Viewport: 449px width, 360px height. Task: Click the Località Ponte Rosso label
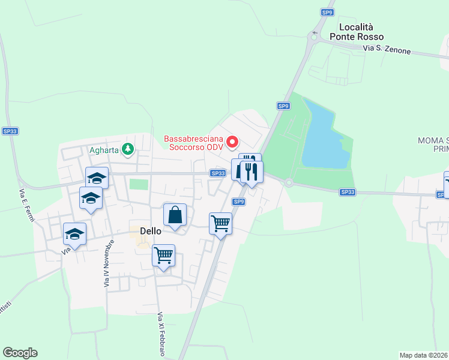click(x=357, y=32)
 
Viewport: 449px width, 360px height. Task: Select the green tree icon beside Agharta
click(x=127, y=149)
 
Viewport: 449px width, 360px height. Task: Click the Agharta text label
click(x=105, y=149)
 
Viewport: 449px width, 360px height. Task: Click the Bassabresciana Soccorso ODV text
click(x=193, y=143)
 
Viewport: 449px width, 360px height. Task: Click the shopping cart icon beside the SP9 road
click(x=220, y=223)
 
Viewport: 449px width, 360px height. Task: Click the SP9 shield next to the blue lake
click(x=283, y=106)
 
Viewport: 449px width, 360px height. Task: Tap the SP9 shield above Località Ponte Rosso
click(x=327, y=12)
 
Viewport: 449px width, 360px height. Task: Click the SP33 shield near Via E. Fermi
click(x=10, y=131)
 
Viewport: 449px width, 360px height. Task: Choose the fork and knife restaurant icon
click(x=251, y=172)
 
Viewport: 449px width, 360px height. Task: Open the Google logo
click(x=20, y=353)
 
